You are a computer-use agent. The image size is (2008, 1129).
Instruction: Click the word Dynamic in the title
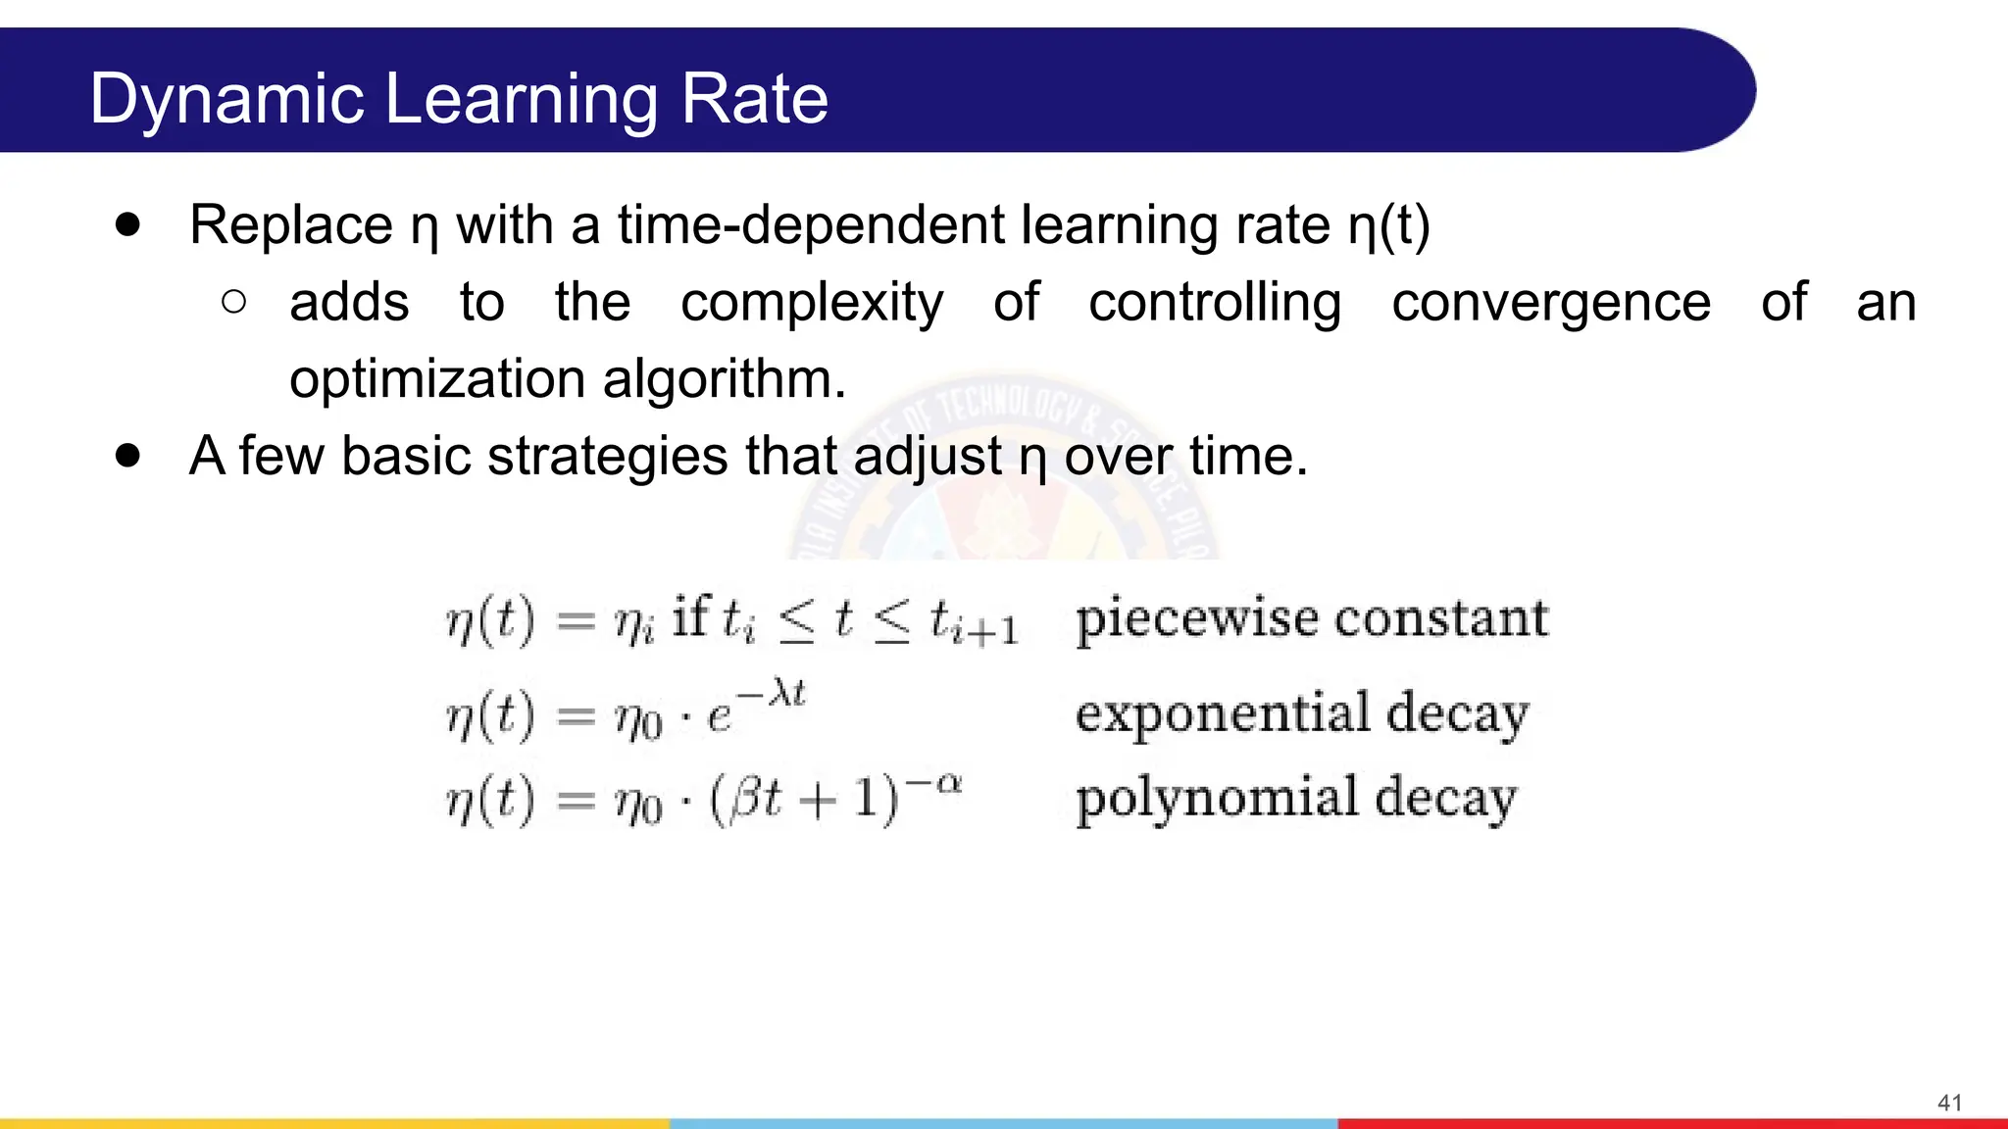[x=226, y=100]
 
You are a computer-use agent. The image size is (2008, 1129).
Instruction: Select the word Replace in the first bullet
[x=291, y=225]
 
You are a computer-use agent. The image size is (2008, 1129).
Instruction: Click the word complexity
[x=812, y=303]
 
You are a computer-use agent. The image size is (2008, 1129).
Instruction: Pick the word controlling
[x=1215, y=302]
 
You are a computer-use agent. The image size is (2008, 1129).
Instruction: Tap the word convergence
[x=1551, y=302]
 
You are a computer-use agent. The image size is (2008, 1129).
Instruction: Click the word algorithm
[x=724, y=379]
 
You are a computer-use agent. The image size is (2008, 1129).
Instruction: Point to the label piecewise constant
[x=1312, y=619]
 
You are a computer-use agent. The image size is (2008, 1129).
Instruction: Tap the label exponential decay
[x=1301, y=713]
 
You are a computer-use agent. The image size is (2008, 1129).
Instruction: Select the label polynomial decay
[x=1296, y=798]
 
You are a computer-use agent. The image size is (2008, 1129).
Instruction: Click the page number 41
[x=1949, y=1103]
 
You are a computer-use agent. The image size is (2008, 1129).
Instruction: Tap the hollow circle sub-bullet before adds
[x=233, y=302]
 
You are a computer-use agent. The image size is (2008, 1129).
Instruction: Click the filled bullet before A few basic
[x=127, y=456]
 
